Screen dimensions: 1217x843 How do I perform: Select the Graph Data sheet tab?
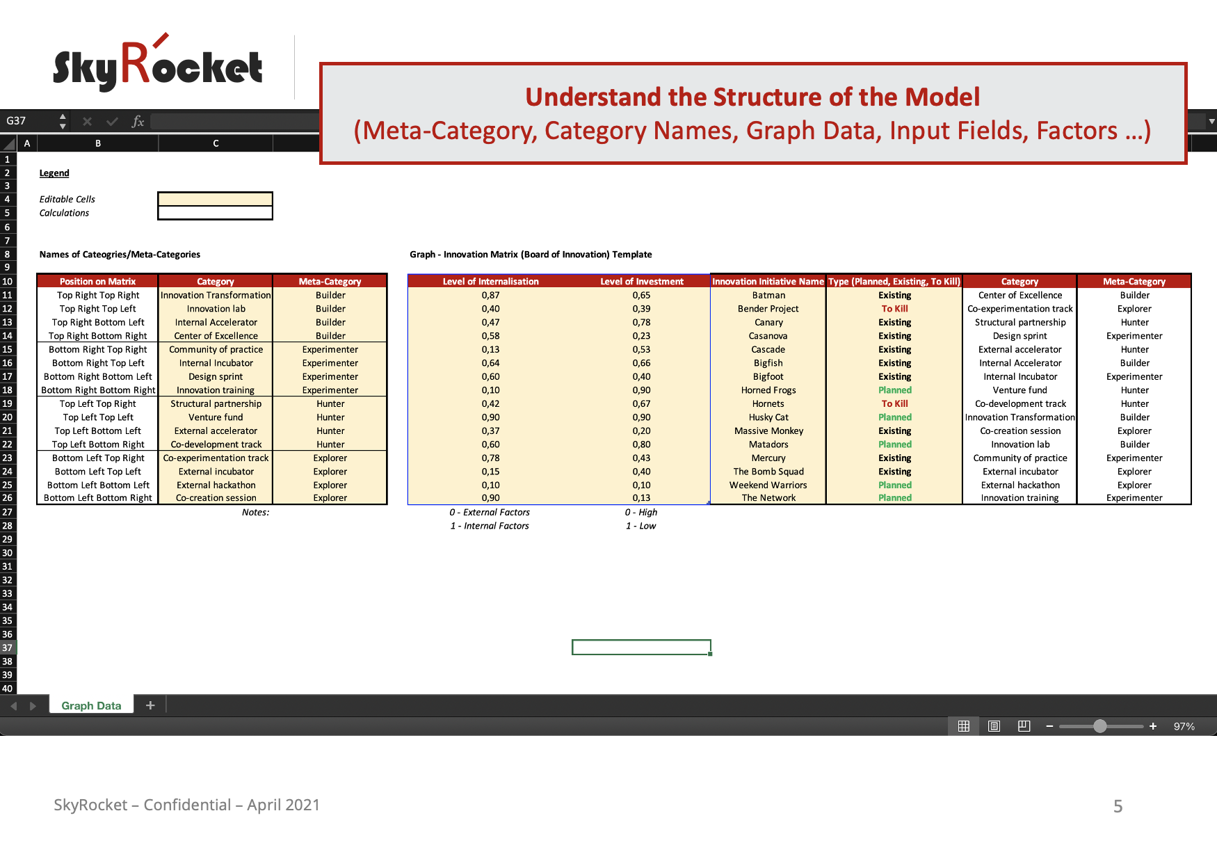[x=91, y=705]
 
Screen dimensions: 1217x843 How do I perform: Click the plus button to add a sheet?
[x=150, y=705]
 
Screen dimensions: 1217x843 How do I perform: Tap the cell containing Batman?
[x=768, y=295]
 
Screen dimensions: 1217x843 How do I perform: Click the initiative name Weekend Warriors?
[x=768, y=485]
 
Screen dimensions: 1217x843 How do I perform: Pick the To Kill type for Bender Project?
[x=894, y=309]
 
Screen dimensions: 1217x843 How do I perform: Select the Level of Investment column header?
[x=642, y=281]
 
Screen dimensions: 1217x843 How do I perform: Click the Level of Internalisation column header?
[x=491, y=281]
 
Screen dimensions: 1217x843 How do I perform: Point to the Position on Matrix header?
[x=97, y=281]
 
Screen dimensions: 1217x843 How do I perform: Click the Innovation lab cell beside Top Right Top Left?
[x=216, y=309]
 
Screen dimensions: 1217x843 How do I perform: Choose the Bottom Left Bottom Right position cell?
[x=97, y=498]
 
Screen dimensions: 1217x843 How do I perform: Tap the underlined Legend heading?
[x=54, y=173]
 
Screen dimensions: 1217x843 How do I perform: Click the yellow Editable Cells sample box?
[x=216, y=199]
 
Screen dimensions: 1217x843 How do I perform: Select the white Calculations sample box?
[x=216, y=213]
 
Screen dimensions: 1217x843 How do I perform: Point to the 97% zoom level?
[x=1184, y=726]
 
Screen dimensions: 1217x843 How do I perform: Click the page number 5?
[x=1118, y=806]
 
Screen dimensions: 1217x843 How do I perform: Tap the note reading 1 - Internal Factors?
[x=490, y=526]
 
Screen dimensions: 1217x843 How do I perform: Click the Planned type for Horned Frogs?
[x=894, y=390]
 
